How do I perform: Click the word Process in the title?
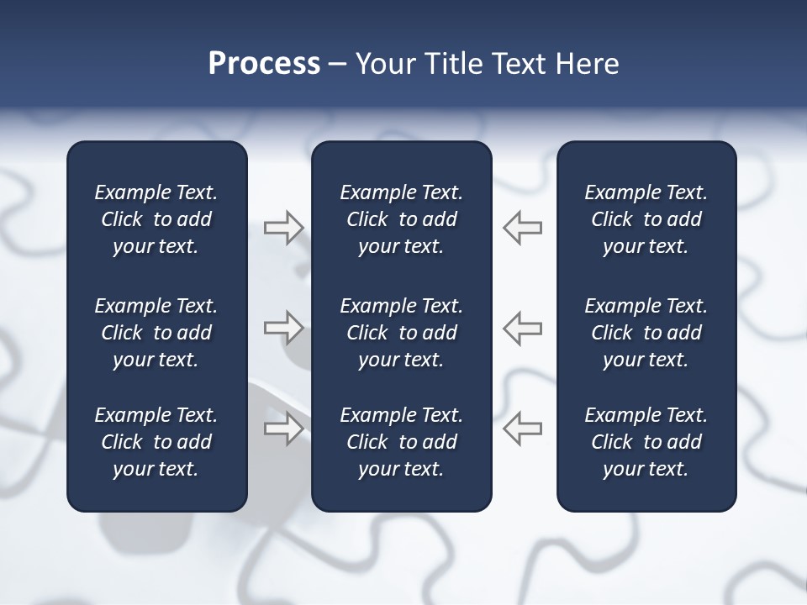click(264, 64)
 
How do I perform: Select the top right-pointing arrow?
click(284, 228)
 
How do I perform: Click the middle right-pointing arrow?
click(284, 328)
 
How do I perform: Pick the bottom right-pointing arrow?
click(284, 429)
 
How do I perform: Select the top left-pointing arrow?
click(523, 228)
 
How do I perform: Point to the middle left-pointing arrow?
click(523, 328)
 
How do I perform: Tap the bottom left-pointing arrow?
click(523, 429)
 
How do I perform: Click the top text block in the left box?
click(156, 219)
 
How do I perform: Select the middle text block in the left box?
click(156, 333)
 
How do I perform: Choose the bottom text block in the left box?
click(156, 442)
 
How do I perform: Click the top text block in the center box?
click(401, 219)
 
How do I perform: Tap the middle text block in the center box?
click(401, 333)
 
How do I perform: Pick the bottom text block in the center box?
click(401, 442)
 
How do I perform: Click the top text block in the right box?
click(646, 219)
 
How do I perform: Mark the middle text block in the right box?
click(646, 333)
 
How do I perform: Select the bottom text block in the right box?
click(646, 442)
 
